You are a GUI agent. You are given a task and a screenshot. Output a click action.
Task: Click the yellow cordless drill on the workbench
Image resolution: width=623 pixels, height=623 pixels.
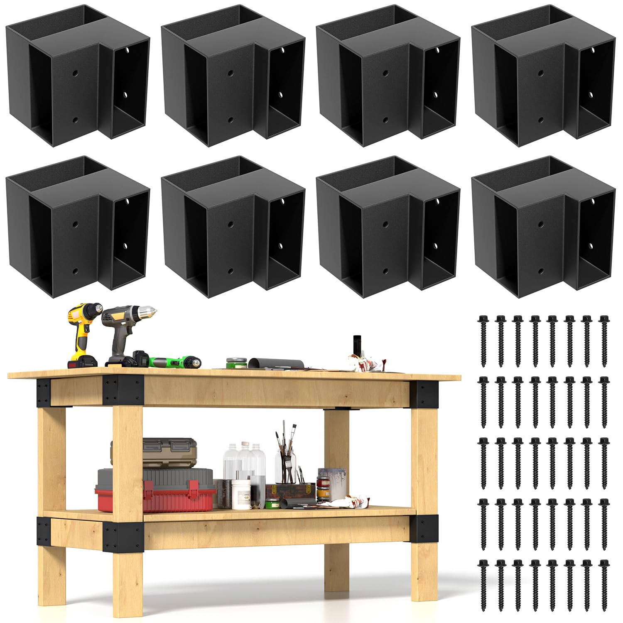point(83,328)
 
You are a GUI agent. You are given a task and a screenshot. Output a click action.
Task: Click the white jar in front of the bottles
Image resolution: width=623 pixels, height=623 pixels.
point(241,494)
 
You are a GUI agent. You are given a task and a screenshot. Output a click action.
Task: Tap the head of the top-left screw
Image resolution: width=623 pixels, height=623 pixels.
point(483,319)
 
